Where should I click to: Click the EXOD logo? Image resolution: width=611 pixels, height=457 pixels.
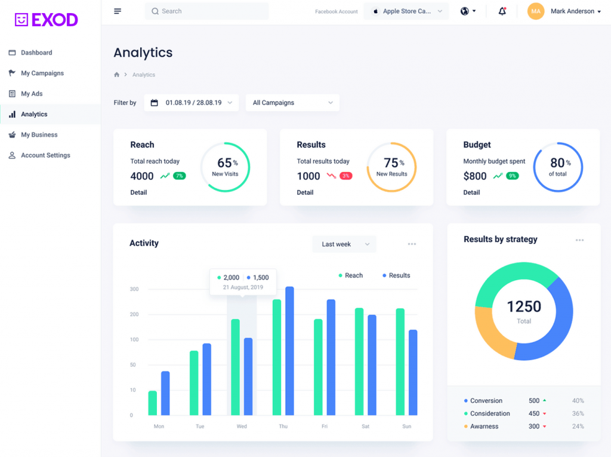(47, 20)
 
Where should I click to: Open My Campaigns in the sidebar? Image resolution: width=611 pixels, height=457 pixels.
(42, 73)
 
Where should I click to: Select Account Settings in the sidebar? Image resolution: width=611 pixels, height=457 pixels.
(45, 155)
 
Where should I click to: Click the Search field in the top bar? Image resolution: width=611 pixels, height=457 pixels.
(206, 11)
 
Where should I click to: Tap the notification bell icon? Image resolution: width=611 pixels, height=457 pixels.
(502, 11)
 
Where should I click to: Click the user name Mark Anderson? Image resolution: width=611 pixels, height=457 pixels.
(572, 11)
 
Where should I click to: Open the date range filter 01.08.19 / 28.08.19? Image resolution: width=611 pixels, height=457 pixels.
(191, 103)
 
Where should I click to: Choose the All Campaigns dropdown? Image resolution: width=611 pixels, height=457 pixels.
(292, 103)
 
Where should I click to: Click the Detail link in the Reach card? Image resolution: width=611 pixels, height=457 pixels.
(138, 192)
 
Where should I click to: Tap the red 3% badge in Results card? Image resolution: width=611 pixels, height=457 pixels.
(345, 176)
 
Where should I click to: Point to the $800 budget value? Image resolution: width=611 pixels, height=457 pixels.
(475, 176)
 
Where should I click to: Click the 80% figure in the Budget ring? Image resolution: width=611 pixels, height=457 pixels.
(557, 163)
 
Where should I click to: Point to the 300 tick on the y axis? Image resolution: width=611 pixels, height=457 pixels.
(134, 289)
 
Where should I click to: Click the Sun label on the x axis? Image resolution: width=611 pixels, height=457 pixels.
(406, 427)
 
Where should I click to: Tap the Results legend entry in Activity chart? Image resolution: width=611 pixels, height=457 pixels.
(399, 275)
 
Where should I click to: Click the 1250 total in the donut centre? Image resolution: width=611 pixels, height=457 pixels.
(524, 307)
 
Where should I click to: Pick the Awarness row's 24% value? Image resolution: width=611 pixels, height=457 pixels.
(578, 427)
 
